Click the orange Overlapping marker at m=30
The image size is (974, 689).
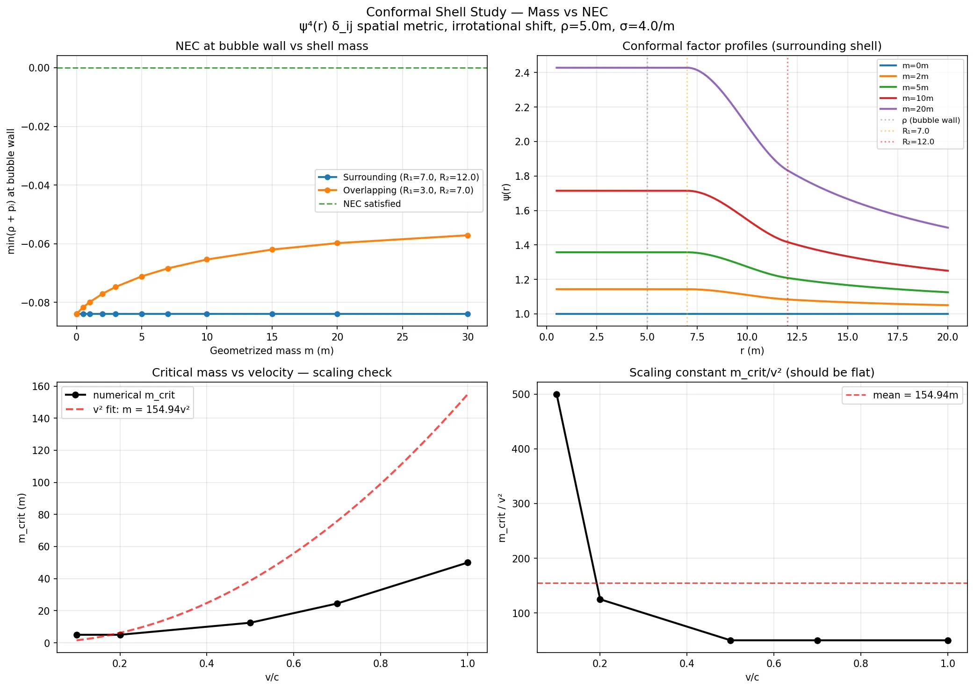[x=467, y=235]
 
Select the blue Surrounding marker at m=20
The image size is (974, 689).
[x=337, y=314]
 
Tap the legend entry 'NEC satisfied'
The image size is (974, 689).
[x=372, y=204]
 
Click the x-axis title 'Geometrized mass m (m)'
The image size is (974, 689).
[x=272, y=350]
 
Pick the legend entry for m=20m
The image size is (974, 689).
[x=917, y=109]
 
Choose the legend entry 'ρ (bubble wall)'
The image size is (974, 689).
[x=931, y=120]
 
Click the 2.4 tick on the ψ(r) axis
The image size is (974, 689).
[x=523, y=73]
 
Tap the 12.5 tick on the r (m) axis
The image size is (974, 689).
[x=797, y=337]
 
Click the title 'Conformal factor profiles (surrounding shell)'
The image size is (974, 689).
[x=752, y=46]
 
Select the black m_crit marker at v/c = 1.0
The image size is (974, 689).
[x=467, y=562]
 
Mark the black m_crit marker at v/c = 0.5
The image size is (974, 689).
[x=250, y=623]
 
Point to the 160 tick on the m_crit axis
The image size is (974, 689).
[x=41, y=386]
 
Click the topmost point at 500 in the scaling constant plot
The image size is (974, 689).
[x=556, y=394]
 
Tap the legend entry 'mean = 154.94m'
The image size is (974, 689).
[x=915, y=395]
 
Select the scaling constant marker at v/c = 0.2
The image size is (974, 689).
[x=600, y=599]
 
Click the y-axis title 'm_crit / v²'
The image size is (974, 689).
[x=502, y=517]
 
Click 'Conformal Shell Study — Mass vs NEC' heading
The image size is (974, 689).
[x=487, y=12]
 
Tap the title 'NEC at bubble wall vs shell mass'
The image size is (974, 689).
[x=272, y=46]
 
